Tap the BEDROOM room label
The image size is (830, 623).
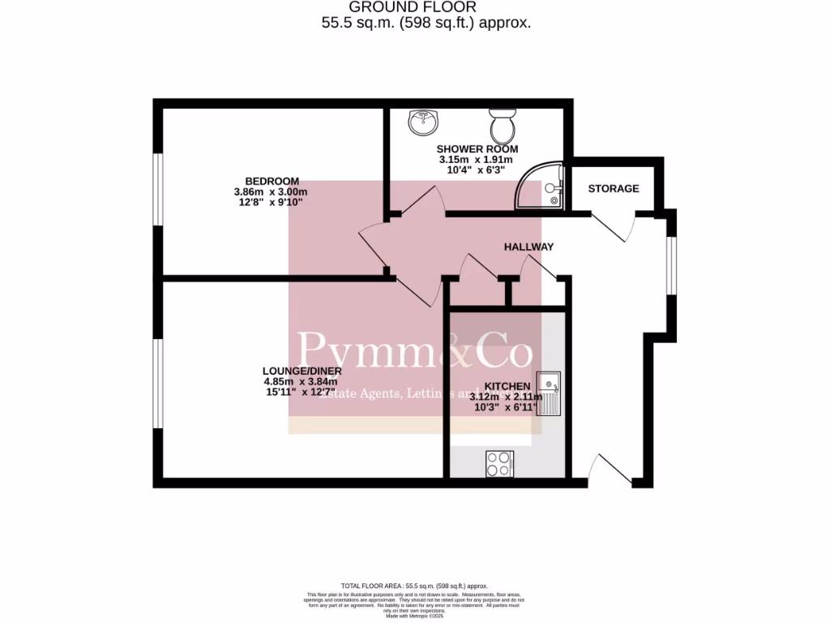[272, 181]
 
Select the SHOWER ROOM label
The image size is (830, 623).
[477, 149]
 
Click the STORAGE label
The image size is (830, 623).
[613, 189]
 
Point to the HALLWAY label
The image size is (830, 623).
[528, 247]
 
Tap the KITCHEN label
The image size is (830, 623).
[507, 386]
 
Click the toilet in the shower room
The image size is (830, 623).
[502, 126]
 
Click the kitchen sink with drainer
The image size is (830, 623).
[548, 392]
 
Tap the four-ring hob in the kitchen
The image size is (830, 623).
[498, 463]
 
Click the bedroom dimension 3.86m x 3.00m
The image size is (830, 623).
[272, 191]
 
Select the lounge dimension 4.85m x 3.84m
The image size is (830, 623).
[300, 381]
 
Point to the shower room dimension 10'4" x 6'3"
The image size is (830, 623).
[477, 170]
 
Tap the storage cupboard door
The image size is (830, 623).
[613, 226]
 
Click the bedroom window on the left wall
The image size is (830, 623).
[160, 188]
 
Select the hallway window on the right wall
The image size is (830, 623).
[670, 264]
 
